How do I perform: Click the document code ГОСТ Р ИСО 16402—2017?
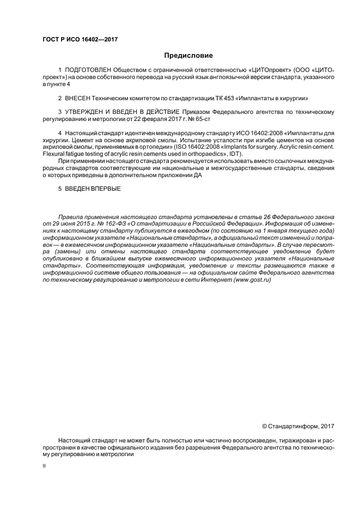[80, 40]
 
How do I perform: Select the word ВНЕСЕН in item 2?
[77, 99]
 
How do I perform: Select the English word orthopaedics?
[205, 154]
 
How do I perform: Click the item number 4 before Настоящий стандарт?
[59, 133]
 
